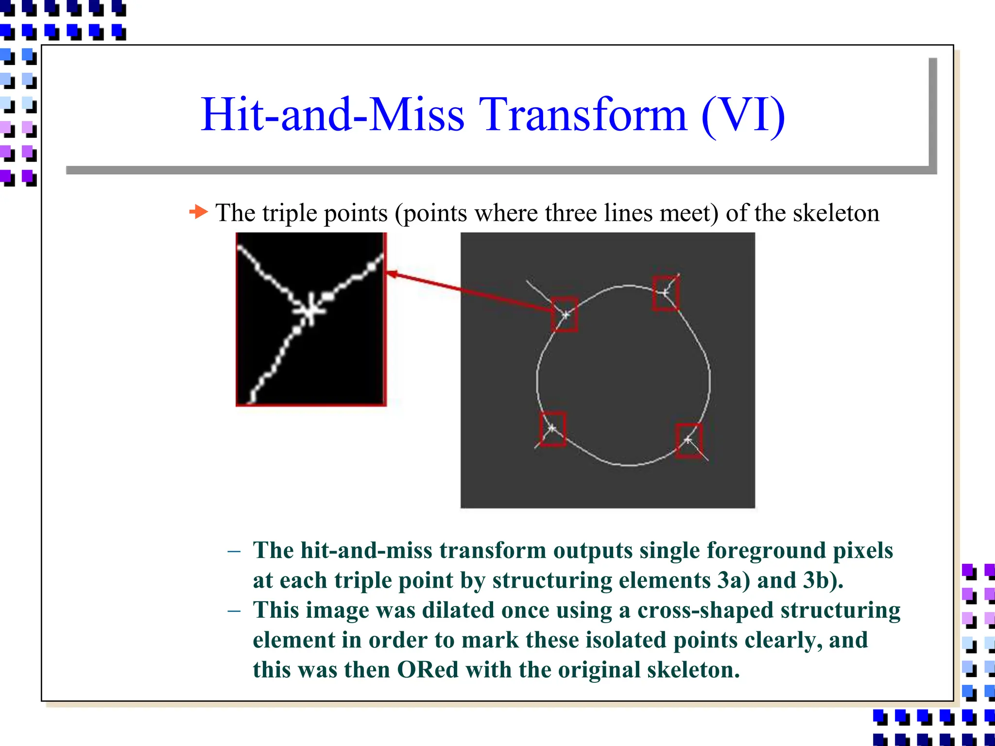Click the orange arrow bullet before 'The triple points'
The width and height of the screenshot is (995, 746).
pyautogui.click(x=198, y=212)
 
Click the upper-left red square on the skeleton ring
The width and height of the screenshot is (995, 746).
pyautogui.click(x=565, y=315)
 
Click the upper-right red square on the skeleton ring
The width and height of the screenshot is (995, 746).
pyautogui.click(x=665, y=293)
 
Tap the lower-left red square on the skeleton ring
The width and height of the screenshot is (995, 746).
pyautogui.click(x=553, y=429)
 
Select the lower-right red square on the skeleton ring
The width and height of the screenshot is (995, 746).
pyautogui.click(x=689, y=441)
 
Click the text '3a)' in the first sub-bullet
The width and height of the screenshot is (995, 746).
pyautogui.click(x=734, y=580)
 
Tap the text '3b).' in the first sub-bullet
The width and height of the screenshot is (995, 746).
pyautogui.click(x=823, y=580)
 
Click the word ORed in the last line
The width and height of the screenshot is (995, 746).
pyautogui.click(x=428, y=670)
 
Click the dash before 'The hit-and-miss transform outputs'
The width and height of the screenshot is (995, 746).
pyautogui.click(x=234, y=551)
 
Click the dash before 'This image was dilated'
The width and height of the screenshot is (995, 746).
pyautogui.click(x=234, y=610)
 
